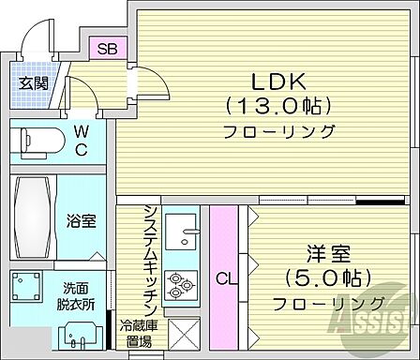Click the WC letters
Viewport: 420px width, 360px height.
click(x=81, y=141)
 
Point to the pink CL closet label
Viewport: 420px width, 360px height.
click(x=225, y=278)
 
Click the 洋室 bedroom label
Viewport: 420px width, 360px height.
click(x=328, y=254)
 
